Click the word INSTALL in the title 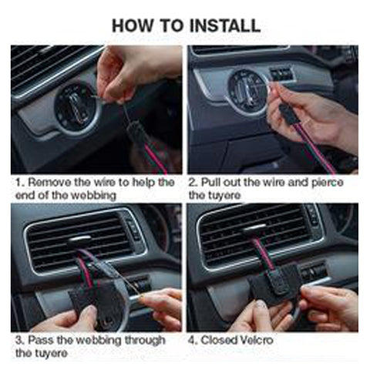pyautogui.click(x=225, y=25)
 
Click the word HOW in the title pyautogui.click(x=133, y=25)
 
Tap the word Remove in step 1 pyautogui.click(x=49, y=182)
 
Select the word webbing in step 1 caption pyautogui.click(x=93, y=196)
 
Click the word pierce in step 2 pyautogui.click(x=328, y=183)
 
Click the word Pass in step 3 pyautogui.click(x=41, y=340)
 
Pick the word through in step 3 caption pyautogui.click(x=145, y=341)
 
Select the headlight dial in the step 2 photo pyautogui.click(x=247, y=90)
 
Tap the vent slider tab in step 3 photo pyautogui.click(x=79, y=239)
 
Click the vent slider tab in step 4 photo pyautogui.click(x=254, y=228)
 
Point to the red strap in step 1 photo pyautogui.click(x=156, y=158)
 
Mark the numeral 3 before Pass pyautogui.click(x=18, y=341)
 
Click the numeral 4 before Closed pyautogui.click(x=191, y=341)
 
